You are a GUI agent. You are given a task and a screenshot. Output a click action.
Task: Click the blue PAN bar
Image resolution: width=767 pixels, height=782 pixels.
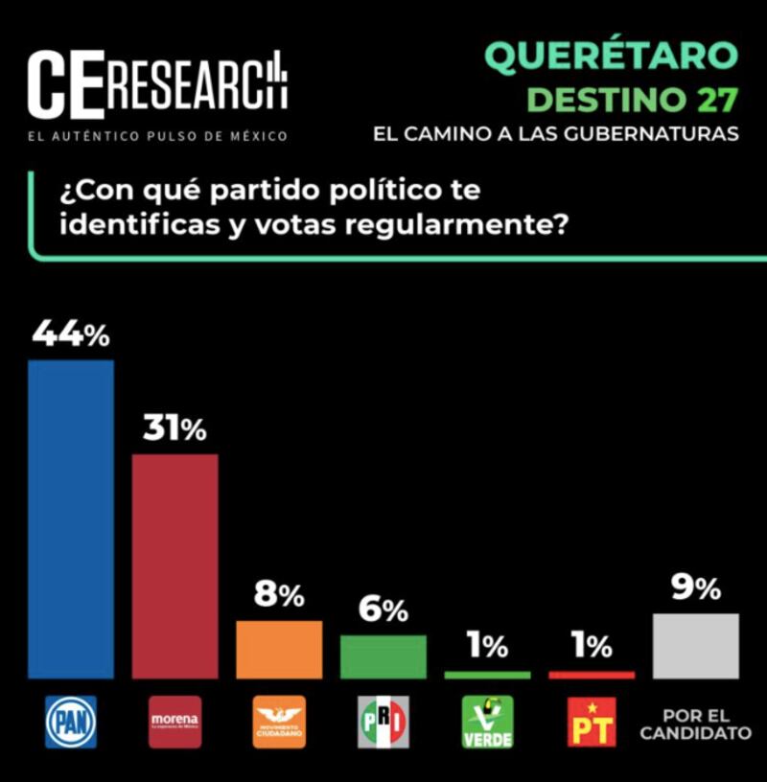[71, 518]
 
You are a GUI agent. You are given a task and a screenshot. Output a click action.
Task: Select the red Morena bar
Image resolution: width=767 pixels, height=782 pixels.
[174, 565]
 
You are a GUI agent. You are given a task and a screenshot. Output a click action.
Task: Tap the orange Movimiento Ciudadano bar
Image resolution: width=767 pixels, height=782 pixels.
[279, 650]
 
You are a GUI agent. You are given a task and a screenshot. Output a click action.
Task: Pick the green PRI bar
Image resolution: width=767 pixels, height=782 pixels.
[383, 656]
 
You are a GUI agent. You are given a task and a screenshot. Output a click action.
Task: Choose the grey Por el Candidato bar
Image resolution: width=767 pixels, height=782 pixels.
[695, 646]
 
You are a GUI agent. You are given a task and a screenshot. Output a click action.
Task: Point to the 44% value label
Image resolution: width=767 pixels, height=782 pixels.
[71, 335]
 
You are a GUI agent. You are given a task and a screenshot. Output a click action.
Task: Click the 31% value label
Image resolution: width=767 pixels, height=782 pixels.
[174, 430]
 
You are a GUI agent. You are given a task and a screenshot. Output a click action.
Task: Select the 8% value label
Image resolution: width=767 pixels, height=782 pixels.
[279, 596]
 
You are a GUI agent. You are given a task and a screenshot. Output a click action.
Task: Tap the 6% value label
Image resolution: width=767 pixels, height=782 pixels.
[383, 610]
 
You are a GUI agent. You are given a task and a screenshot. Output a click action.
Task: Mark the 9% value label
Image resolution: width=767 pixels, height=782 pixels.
[695, 589]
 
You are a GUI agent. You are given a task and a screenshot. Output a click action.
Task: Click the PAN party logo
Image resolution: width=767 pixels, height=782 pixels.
[71, 722]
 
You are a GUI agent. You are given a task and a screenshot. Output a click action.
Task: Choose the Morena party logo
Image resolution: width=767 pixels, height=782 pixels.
[174, 722]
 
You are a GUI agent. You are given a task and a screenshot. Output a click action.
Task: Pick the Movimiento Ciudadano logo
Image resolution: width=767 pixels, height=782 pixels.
[279, 722]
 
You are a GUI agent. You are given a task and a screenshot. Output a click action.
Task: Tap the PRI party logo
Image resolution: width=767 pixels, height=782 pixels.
[383, 722]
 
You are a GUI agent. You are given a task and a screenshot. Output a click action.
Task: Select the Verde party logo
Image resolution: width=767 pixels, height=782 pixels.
[487, 722]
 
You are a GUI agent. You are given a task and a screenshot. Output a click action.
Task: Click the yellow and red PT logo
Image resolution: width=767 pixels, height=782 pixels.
[592, 722]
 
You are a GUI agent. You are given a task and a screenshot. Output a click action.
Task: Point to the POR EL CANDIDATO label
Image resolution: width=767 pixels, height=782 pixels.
[695, 724]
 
